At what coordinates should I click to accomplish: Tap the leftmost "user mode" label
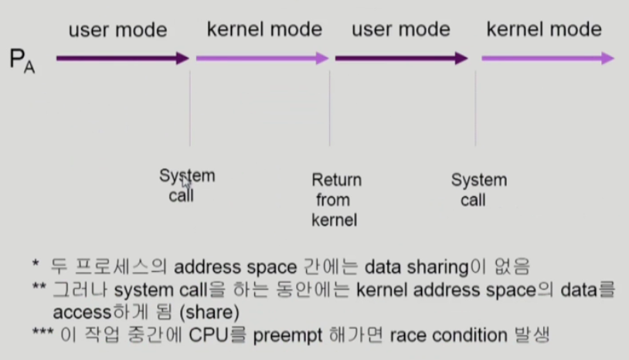(x=117, y=30)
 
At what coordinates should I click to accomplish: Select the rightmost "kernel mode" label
(x=544, y=29)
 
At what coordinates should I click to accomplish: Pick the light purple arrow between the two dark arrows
(x=262, y=58)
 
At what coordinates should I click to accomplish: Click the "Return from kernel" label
(x=336, y=200)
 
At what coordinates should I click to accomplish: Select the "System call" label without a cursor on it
(x=478, y=190)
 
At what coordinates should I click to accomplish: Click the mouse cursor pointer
(x=185, y=182)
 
